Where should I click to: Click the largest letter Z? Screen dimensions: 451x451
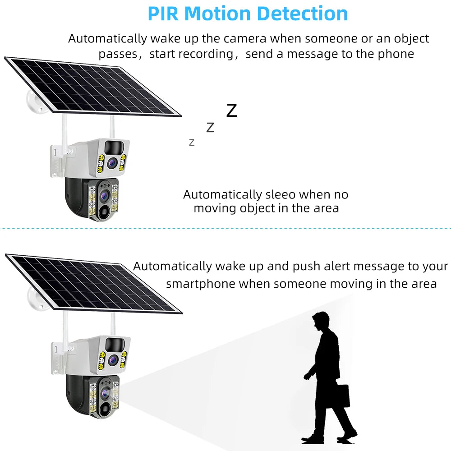click(x=231, y=110)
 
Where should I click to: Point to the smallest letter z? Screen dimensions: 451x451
click(x=192, y=143)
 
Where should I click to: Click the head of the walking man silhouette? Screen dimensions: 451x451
click(x=321, y=321)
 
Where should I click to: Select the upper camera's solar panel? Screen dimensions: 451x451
click(x=92, y=86)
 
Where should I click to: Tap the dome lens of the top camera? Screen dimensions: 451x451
click(x=105, y=195)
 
